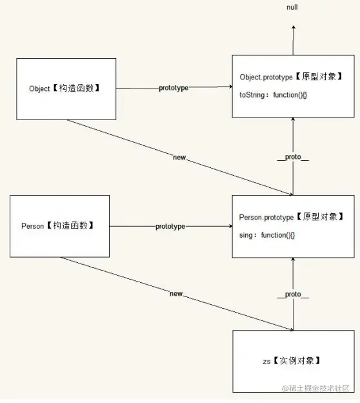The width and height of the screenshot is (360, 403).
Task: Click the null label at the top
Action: click(292, 7)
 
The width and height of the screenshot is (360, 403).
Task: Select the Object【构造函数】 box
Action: click(64, 88)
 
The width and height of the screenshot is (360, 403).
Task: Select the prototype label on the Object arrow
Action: click(174, 88)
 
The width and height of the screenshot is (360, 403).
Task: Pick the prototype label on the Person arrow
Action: click(170, 227)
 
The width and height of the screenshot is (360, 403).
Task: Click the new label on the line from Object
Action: click(180, 157)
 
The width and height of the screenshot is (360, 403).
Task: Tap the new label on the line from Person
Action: click(176, 294)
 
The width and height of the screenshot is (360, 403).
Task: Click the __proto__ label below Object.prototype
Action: click(293, 157)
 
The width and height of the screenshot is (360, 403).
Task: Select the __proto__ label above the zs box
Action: click(293, 294)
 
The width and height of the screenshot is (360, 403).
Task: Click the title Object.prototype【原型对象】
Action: click(290, 77)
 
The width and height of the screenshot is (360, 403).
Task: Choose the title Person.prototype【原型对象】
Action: click(290, 217)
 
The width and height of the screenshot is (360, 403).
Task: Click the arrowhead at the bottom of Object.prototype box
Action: click(293, 121)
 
